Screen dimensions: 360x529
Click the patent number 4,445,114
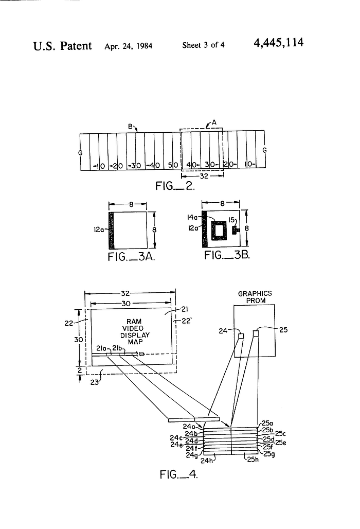pos(278,43)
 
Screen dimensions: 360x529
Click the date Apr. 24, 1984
pos(129,46)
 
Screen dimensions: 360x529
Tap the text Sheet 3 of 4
pos(203,45)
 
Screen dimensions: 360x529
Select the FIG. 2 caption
pos(175,186)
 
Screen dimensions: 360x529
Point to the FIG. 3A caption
pos(132,257)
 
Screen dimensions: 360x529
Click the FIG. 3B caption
pos(227,255)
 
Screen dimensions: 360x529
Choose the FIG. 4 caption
pos(178,474)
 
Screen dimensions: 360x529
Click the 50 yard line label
pos(173,165)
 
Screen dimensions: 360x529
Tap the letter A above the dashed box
pos(214,122)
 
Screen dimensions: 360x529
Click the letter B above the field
pos(130,127)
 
